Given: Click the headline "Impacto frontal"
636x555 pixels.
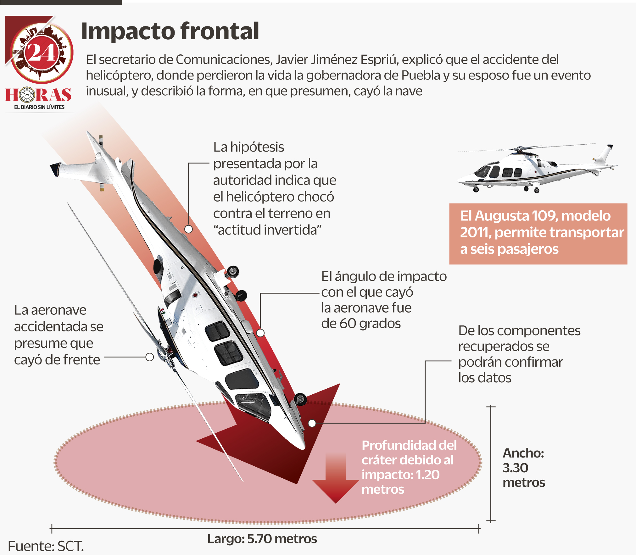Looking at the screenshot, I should (x=170, y=31).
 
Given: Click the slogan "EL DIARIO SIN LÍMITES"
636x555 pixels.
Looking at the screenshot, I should (x=39, y=107).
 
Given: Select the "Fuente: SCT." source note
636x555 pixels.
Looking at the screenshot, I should (x=46, y=546).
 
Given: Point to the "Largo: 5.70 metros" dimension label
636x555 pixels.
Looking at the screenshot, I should (x=262, y=539).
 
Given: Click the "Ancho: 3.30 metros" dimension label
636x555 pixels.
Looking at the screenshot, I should (x=523, y=468).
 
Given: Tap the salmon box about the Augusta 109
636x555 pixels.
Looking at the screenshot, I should (x=538, y=233).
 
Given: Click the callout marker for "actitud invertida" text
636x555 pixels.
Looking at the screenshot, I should (x=188, y=229).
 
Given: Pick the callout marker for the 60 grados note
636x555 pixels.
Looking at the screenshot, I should (x=260, y=333).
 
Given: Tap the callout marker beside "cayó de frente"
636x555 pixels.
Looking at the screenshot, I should (x=150, y=357).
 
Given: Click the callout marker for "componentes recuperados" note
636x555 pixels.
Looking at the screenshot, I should (x=312, y=423).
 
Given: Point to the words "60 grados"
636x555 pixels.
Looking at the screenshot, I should (x=361, y=323).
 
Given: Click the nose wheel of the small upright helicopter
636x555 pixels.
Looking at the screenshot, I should (x=476, y=190).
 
